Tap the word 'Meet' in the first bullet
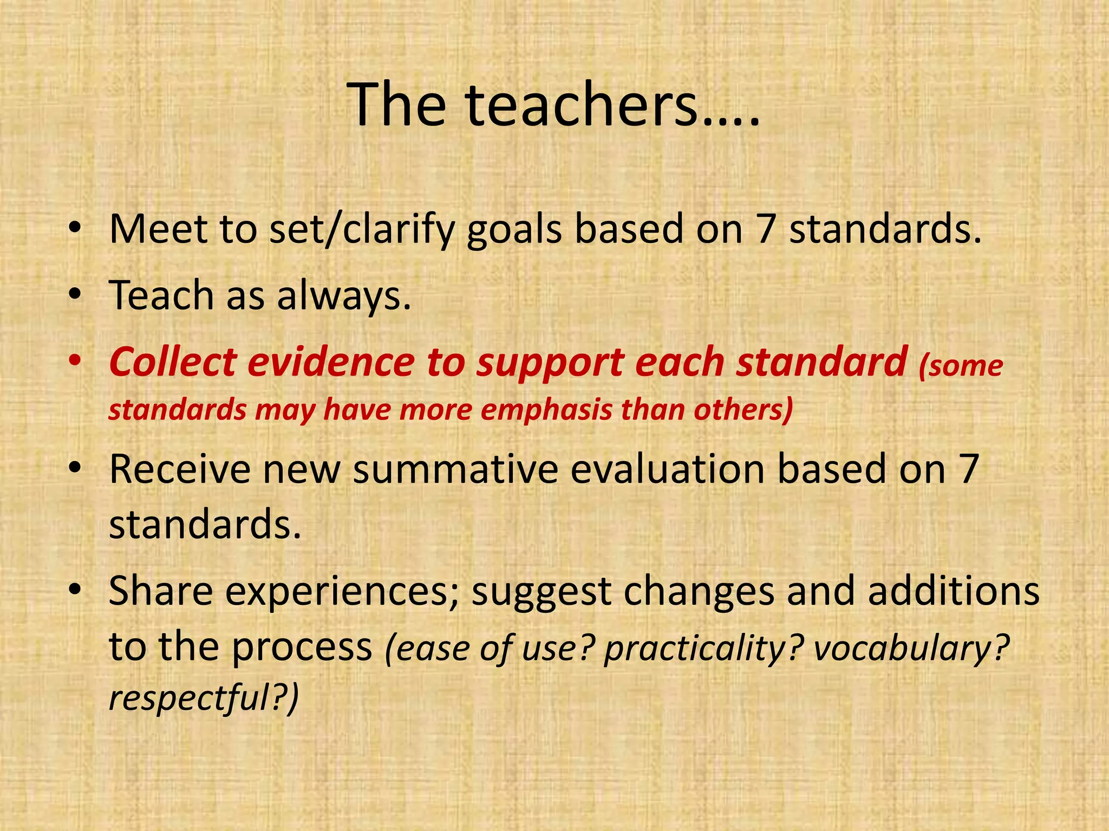[x=157, y=229]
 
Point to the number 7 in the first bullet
[x=765, y=229]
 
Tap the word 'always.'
[x=344, y=296]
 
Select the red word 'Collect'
[x=173, y=362]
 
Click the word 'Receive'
[x=179, y=469]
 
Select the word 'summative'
[x=455, y=469]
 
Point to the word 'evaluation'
[x=667, y=469]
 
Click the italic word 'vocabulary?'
[x=911, y=648]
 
